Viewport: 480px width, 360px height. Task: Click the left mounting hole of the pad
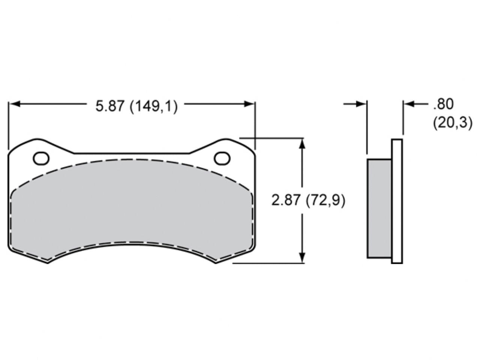point(41,159)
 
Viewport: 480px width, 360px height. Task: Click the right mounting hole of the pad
point(222,159)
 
